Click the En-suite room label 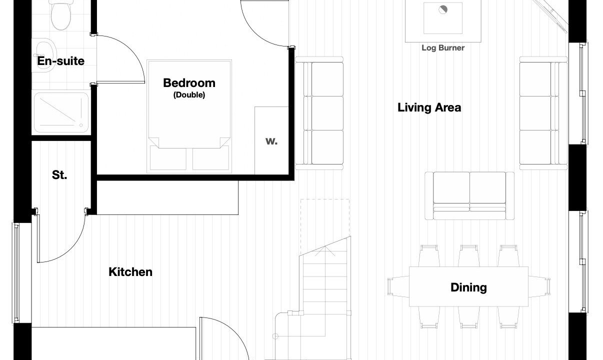click(x=60, y=61)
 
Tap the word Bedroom click(x=189, y=83)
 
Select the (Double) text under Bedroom click(x=189, y=95)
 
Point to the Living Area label click(x=429, y=107)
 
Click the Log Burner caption click(x=443, y=48)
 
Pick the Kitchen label click(x=130, y=272)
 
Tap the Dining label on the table click(x=468, y=287)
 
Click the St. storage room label click(x=59, y=175)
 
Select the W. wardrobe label click(x=271, y=141)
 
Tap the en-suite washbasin click(x=44, y=55)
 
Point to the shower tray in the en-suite click(x=61, y=112)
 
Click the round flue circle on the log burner click(x=443, y=9)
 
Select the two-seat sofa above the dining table click(x=469, y=196)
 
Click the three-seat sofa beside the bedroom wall click(x=319, y=113)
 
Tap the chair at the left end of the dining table click(x=398, y=286)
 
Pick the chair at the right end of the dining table click(x=539, y=286)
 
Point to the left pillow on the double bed click(x=168, y=158)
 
